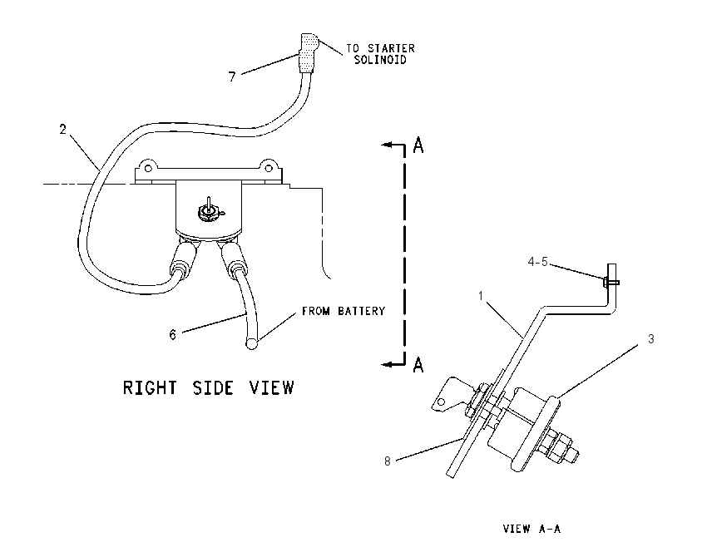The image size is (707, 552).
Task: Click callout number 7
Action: coord(232,76)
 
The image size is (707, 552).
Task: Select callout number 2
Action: coord(62,130)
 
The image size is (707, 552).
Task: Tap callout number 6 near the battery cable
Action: coord(173,335)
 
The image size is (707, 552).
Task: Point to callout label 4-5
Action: coord(538,261)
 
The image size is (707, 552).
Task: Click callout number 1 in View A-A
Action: coord(481,296)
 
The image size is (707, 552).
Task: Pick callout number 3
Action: coord(650,339)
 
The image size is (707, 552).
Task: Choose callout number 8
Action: coord(388,461)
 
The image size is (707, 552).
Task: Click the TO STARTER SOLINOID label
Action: coord(380,54)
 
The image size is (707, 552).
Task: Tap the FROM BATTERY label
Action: coord(344,311)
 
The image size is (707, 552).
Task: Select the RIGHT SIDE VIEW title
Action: coord(208,387)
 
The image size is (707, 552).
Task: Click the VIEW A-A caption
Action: coord(531,529)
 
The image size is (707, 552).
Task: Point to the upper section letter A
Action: coord(418,145)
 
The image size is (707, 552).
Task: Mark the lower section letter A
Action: coord(418,364)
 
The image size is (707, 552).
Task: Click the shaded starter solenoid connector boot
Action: coord(309,52)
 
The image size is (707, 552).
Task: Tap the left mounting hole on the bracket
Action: coord(147,168)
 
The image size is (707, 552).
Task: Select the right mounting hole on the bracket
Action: coord(269,168)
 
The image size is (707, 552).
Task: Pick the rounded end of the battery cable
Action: coord(251,344)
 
